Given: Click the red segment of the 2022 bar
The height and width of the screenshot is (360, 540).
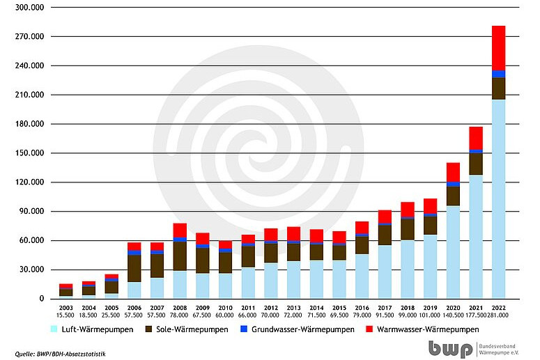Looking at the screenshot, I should tap(498, 48).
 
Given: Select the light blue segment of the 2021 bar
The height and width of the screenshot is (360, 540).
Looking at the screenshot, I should tap(476, 237).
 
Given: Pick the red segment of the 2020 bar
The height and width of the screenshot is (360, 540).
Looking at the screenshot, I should tap(453, 172).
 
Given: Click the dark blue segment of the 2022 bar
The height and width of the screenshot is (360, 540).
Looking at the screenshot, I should tap(498, 74).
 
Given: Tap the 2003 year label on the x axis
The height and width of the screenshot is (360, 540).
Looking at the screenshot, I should tap(65, 307).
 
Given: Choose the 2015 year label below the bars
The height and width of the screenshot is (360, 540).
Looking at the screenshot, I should tap(339, 307).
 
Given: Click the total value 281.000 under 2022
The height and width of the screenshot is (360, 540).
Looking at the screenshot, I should tap(500, 315).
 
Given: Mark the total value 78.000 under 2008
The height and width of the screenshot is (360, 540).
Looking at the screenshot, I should tap(180, 315).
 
